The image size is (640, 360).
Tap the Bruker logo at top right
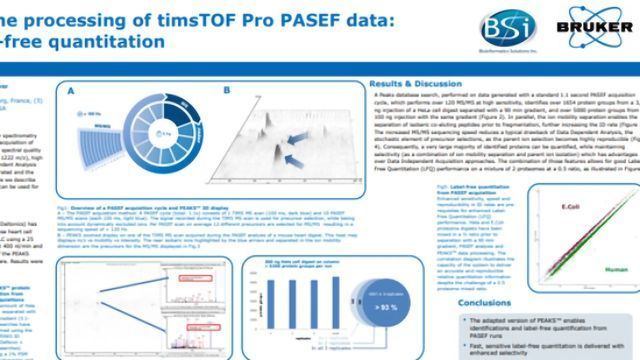tap(593, 25)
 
